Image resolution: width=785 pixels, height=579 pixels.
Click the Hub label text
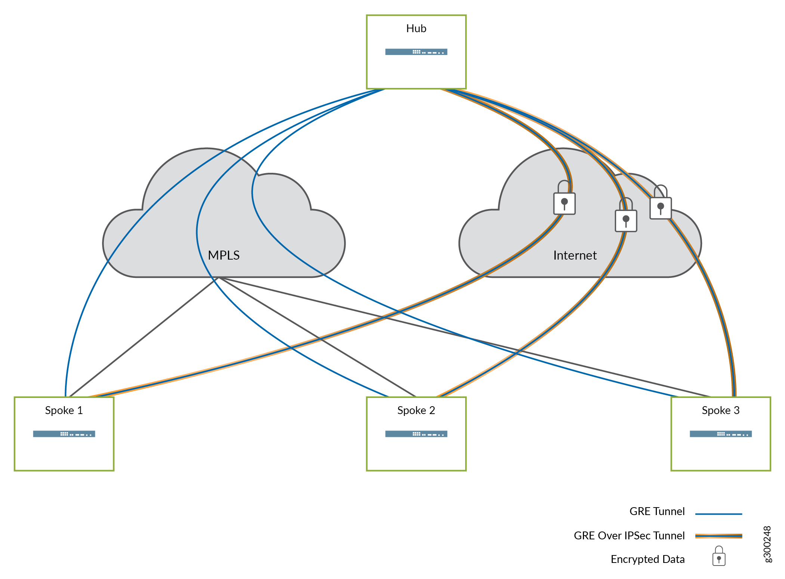pyautogui.click(x=416, y=28)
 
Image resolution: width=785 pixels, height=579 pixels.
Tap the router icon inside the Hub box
pyautogui.click(x=416, y=52)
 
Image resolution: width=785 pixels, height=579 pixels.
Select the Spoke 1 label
pyautogui.click(x=64, y=410)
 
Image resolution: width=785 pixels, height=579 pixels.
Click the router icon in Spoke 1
pyautogui.click(x=64, y=434)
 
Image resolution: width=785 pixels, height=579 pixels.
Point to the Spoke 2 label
pyautogui.click(x=416, y=410)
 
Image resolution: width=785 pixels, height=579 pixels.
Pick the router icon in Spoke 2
pyautogui.click(x=416, y=434)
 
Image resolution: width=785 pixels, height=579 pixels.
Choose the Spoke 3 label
pyautogui.click(x=720, y=410)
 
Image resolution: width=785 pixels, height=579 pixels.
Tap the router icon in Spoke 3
pyautogui.click(x=720, y=434)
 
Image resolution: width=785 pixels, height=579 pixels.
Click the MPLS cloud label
pyautogui.click(x=223, y=255)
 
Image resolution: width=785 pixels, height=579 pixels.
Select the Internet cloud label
pyautogui.click(x=575, y=255)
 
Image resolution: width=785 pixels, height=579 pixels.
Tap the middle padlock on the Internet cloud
pyautogui.click(x=626, y=217)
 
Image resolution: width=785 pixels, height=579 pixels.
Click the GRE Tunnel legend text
pyautogui.click(x=657, y=511)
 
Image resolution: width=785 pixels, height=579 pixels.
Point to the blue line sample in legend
pyautogui.click(x=718, y=514)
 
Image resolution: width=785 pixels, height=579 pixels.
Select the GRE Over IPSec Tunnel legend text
pyautogui.click(x=629, y=536)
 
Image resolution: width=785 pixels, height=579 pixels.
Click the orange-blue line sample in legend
pyautogui.click(x=718, y=536)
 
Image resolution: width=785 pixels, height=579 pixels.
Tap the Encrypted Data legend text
pyautogui.click(x=648, y=559)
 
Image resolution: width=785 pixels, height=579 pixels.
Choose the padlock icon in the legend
pyautogui.click(x=718, y=557)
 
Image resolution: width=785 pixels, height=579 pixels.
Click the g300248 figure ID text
pyautogui.click(x=767, y=544)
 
